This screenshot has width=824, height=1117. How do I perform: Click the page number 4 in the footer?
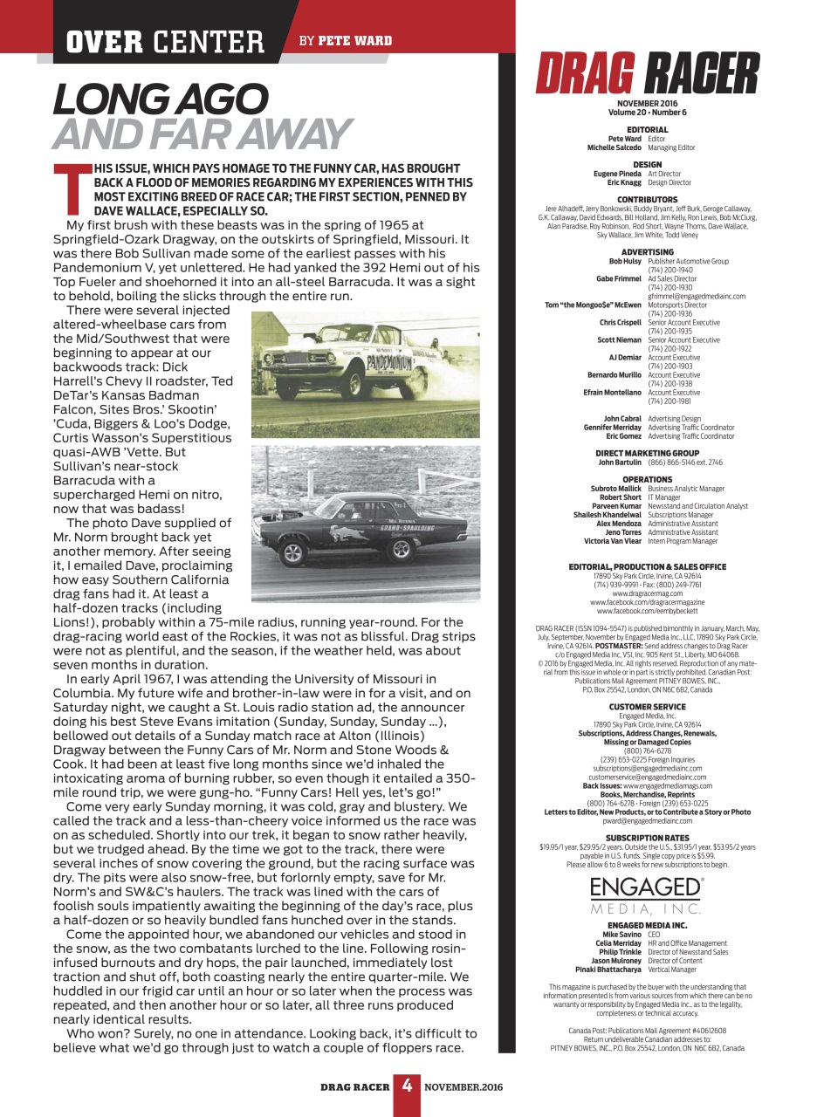407,1086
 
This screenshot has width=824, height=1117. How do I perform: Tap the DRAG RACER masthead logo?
647,73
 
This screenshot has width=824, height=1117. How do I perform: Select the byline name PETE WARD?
354,40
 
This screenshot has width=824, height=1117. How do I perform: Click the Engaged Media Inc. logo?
647,894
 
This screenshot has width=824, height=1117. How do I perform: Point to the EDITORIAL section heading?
648,129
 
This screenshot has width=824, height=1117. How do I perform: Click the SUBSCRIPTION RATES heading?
648,838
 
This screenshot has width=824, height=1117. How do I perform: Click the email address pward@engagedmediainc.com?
648,821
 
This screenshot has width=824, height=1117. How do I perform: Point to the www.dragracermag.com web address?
648,593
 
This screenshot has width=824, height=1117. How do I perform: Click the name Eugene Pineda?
617,174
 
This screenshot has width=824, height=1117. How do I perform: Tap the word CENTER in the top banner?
209,41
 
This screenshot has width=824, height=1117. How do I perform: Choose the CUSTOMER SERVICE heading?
648,707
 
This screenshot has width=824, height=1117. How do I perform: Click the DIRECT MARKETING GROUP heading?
648,453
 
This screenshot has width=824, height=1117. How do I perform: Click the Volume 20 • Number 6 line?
648,112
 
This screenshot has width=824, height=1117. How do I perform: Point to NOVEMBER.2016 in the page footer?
463,1087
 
